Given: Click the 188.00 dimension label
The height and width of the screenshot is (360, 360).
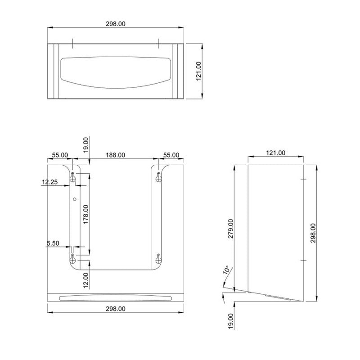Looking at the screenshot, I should coord(115,155).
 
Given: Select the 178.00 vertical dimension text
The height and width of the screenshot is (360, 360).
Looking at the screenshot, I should coord(86,215).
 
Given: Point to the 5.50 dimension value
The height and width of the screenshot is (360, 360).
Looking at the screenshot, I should coord(53,243).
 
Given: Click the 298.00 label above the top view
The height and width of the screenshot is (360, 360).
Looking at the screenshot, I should coord(115,24).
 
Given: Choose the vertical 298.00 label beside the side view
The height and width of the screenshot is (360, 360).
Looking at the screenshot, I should coord(313,233).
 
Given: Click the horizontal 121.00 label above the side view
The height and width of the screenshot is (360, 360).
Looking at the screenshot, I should coord(275,153).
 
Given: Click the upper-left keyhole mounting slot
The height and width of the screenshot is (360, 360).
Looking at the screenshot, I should coord(72,177).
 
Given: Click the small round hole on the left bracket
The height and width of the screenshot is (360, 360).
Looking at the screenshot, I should coord(75,199).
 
